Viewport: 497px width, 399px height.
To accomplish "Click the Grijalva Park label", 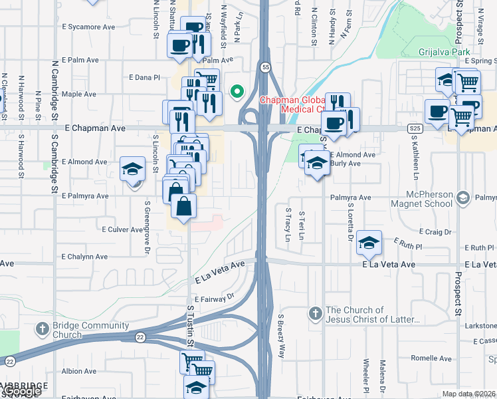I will point(445,51).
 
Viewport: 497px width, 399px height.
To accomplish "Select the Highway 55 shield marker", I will point(265,68).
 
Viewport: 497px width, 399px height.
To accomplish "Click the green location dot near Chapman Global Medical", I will point(235,92).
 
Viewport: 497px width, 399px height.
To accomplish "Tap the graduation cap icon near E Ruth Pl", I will point(369,243).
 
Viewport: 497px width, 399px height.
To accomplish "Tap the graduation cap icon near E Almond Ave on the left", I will point(133,168).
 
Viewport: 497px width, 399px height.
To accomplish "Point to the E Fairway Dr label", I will point(215,297).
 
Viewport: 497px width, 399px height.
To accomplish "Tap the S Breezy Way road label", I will point(282,336).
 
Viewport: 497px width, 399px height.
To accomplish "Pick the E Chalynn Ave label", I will point(84,257).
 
